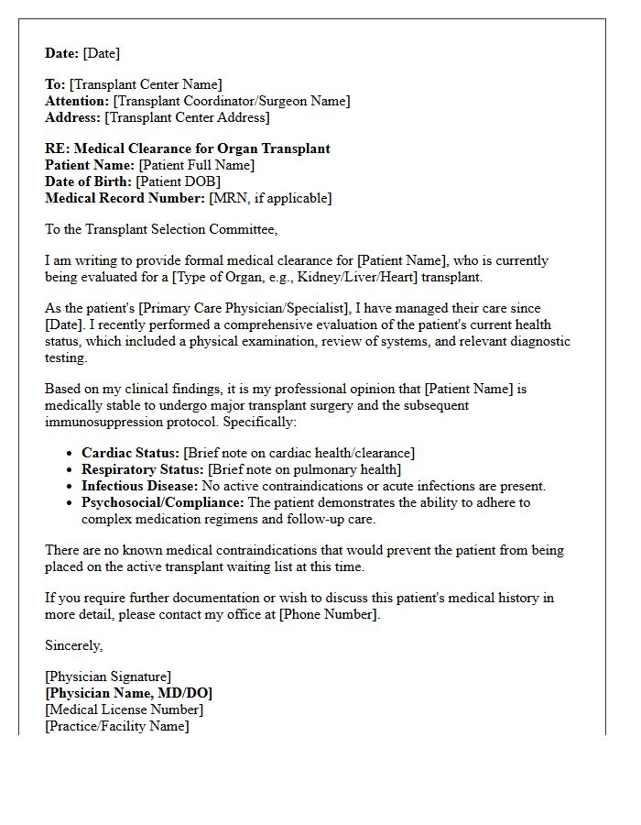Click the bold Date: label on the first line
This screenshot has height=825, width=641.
62,53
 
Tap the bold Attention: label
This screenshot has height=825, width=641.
77,101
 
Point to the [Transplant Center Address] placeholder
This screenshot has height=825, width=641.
187,117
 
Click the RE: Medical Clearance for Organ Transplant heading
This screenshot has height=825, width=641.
188,148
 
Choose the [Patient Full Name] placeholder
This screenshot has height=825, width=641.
196,165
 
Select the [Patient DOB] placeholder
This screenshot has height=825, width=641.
179,181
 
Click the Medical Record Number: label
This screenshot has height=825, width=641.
125,198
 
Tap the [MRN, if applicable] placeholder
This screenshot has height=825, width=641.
270,198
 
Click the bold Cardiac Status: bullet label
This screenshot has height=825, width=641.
130,453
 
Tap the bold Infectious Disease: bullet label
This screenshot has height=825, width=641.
139,486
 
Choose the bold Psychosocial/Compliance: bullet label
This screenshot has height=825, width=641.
163,502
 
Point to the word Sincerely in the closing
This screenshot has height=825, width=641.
74,645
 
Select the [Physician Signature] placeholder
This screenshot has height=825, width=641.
108,677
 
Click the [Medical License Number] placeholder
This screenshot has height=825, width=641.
125,709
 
